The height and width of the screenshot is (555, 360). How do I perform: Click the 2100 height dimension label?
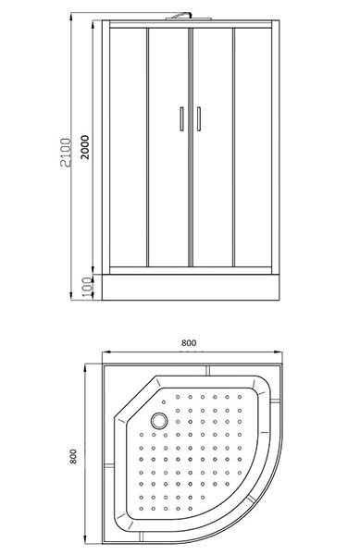tap(65, 153)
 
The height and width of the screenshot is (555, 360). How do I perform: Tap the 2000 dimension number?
tap(85, 147)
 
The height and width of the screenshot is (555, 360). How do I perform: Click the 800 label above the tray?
tap(189, 342)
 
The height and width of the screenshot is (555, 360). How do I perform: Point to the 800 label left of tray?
tap(73, 456)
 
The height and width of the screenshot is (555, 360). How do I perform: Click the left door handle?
tap(181, 119)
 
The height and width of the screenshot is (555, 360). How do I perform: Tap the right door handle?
tap(199, 119)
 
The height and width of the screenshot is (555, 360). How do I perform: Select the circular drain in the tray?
tap(159, 421)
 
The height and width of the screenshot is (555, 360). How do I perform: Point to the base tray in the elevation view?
tap(191, 287)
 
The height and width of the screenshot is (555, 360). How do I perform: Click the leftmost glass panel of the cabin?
tap(128, 147)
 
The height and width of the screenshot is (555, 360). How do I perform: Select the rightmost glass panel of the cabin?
tap(253, 147)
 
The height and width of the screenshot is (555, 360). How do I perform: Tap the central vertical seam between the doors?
tap(191, 147)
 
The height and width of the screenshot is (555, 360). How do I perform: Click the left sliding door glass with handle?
tap(168, 147)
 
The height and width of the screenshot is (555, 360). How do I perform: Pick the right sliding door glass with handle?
tap(212, 147)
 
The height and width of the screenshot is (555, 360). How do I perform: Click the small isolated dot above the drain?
tap(164, 402)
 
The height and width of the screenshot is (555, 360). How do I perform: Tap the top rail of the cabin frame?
tap(191, 24)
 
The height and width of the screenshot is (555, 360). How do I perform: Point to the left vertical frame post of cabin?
tap(106, 147)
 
